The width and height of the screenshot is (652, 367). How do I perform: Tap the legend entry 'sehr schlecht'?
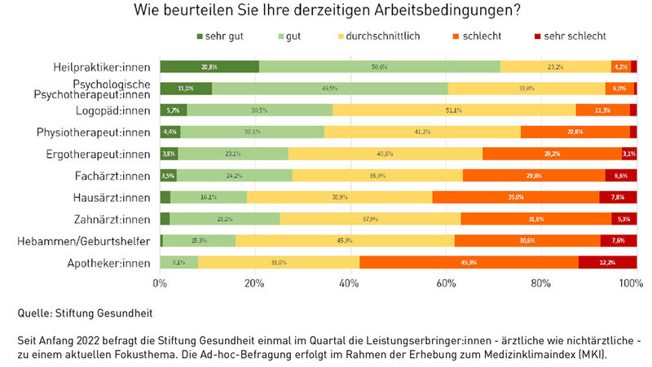(x=570, y=36)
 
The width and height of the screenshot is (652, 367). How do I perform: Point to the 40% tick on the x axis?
(x=350, y=282)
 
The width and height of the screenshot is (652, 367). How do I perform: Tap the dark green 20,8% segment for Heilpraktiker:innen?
(x=209, y=67)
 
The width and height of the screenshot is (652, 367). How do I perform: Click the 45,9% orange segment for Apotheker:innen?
(x=469, y=262)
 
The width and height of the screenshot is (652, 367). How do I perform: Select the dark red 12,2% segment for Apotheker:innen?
(x=607, y=262)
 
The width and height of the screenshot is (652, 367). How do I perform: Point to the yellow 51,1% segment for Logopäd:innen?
(x=453, y=110)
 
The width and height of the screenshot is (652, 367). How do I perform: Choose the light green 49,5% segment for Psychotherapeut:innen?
(x=329, y=89)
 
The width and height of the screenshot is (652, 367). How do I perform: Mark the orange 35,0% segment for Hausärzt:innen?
(x=515, y=197)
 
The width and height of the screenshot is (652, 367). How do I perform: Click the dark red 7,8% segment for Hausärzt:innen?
(x=618, y=197)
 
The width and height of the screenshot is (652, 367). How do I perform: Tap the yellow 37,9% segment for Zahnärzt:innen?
(x=370, y=218)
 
